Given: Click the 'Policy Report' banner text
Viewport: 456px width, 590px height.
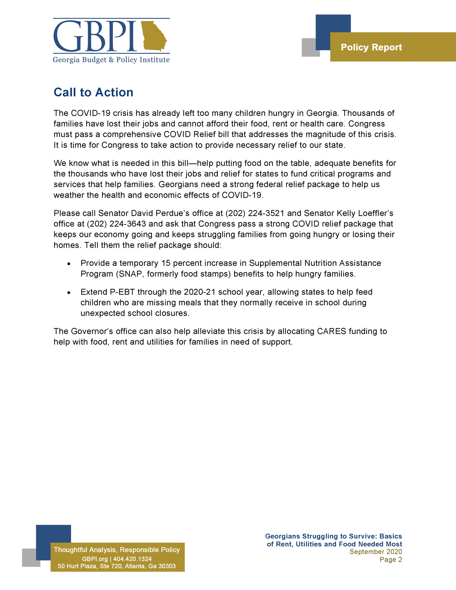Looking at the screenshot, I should (x=371, y=47).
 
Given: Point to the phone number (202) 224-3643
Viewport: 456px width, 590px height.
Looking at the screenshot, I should (x=116, y=224).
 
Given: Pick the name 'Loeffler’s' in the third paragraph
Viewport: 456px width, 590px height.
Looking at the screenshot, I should (x=376, y=213).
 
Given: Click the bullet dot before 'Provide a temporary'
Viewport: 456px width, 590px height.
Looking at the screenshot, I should (x=69, y=264).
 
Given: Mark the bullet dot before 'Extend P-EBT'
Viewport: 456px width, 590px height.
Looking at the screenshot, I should (x=69, y=292).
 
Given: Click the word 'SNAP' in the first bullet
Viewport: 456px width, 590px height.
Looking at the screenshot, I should (x=130, y=274).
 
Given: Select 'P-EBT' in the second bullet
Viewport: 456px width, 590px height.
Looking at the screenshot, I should (x=122, y=292).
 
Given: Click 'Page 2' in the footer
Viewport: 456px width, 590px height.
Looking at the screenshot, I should (x=391, y=560).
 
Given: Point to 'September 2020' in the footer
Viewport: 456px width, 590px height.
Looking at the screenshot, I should (x=376, y=552).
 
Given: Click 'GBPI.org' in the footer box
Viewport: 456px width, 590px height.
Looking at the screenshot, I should (x=94, y=559).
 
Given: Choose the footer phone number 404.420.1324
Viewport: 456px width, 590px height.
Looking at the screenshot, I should (x=132, y=559).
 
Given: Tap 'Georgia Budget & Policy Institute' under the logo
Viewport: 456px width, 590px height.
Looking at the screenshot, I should (x=111, y=60).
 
